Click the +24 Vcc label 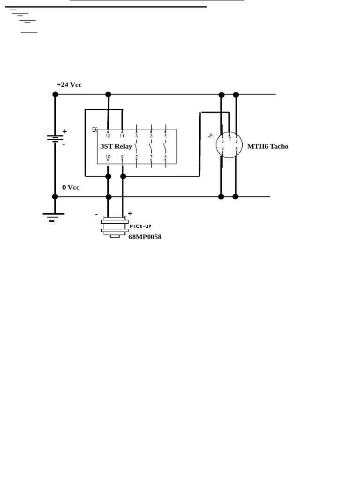69,85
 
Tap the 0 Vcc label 71,187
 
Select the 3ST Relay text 116,146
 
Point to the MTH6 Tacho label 268,146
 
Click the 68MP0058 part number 145,237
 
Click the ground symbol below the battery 53,217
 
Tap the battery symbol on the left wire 55,138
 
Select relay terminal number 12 108,136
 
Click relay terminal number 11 122,136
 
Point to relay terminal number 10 108,157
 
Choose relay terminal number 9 122,157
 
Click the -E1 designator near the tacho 211,136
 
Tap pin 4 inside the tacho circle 223,149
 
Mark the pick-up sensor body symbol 115,227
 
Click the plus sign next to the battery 65,131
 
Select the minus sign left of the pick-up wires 97,214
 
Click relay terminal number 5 165,136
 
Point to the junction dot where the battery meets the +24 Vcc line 55,94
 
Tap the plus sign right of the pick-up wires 130,214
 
